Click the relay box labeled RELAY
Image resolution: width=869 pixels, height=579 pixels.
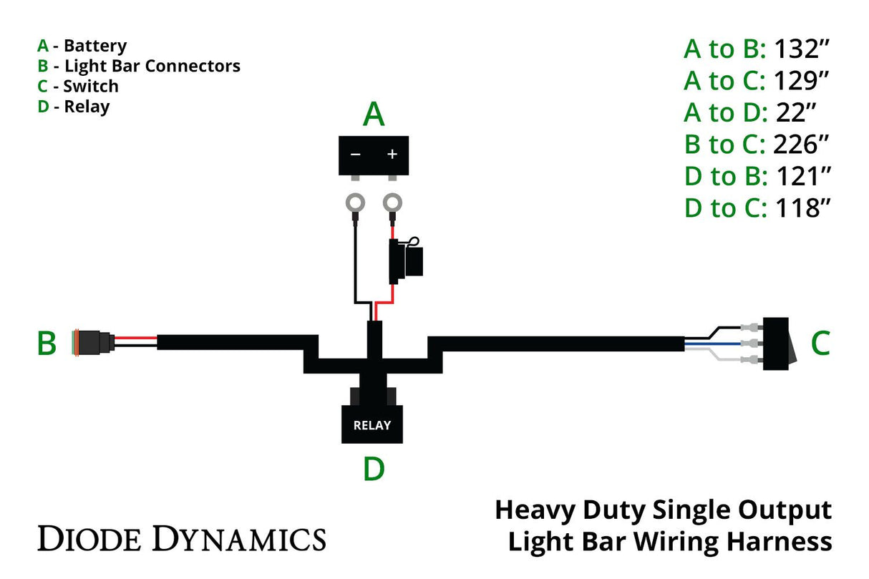pos(372,424)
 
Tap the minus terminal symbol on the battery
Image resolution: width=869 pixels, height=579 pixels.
pos(355,154)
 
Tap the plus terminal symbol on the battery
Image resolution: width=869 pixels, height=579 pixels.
pos(392,154)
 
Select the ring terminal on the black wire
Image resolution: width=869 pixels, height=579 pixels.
pos(355,203)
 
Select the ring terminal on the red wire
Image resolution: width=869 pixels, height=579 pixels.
pos(392,203)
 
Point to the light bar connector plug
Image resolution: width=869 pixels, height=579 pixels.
pos(93,343)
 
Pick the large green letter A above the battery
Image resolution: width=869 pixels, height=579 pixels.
pos(374,114)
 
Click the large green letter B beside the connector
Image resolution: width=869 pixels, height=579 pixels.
pos(47,344)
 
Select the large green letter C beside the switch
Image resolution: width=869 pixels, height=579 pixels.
pos(820,344)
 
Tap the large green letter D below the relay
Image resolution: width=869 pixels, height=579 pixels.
pos(374,469)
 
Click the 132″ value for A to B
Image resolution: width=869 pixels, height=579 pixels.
pos(801,49)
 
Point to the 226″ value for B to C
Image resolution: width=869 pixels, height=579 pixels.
pos(801,145)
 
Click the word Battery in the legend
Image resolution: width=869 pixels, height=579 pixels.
pos(95,46)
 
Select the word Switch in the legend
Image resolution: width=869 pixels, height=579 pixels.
pos(91,87)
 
